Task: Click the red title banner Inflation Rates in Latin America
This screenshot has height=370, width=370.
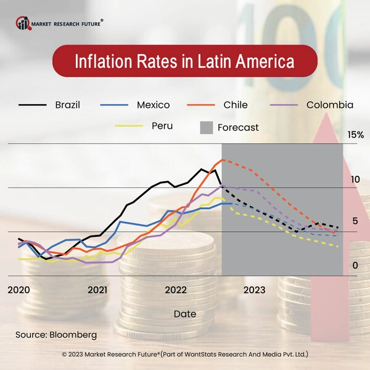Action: click(184, 62)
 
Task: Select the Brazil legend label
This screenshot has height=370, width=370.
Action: click(67, 105)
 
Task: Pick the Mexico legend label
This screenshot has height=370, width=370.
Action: click(154, 105)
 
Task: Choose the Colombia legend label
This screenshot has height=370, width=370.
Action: click(330, 105)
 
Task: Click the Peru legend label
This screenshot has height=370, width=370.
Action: click(162, 126)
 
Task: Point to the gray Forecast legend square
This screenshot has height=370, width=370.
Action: click(206, 128)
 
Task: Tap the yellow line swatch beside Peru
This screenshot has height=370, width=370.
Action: click(129, 126)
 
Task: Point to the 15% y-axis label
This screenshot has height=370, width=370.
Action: click(356, 134)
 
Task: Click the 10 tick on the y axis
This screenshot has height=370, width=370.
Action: click(355, 179)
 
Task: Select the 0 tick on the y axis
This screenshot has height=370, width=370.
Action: click(355, 265)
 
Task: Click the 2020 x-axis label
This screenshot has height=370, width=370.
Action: click(18, 289)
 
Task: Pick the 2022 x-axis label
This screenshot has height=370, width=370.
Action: click(176, 289)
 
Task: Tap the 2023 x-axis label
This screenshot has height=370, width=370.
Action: click(254, 289)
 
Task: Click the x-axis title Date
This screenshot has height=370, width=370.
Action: click(185, 314)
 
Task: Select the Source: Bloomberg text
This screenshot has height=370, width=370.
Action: click(56, 334)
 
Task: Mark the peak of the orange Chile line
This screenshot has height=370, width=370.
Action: click(222, 160)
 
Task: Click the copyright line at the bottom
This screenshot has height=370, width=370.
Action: click(185, 355)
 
